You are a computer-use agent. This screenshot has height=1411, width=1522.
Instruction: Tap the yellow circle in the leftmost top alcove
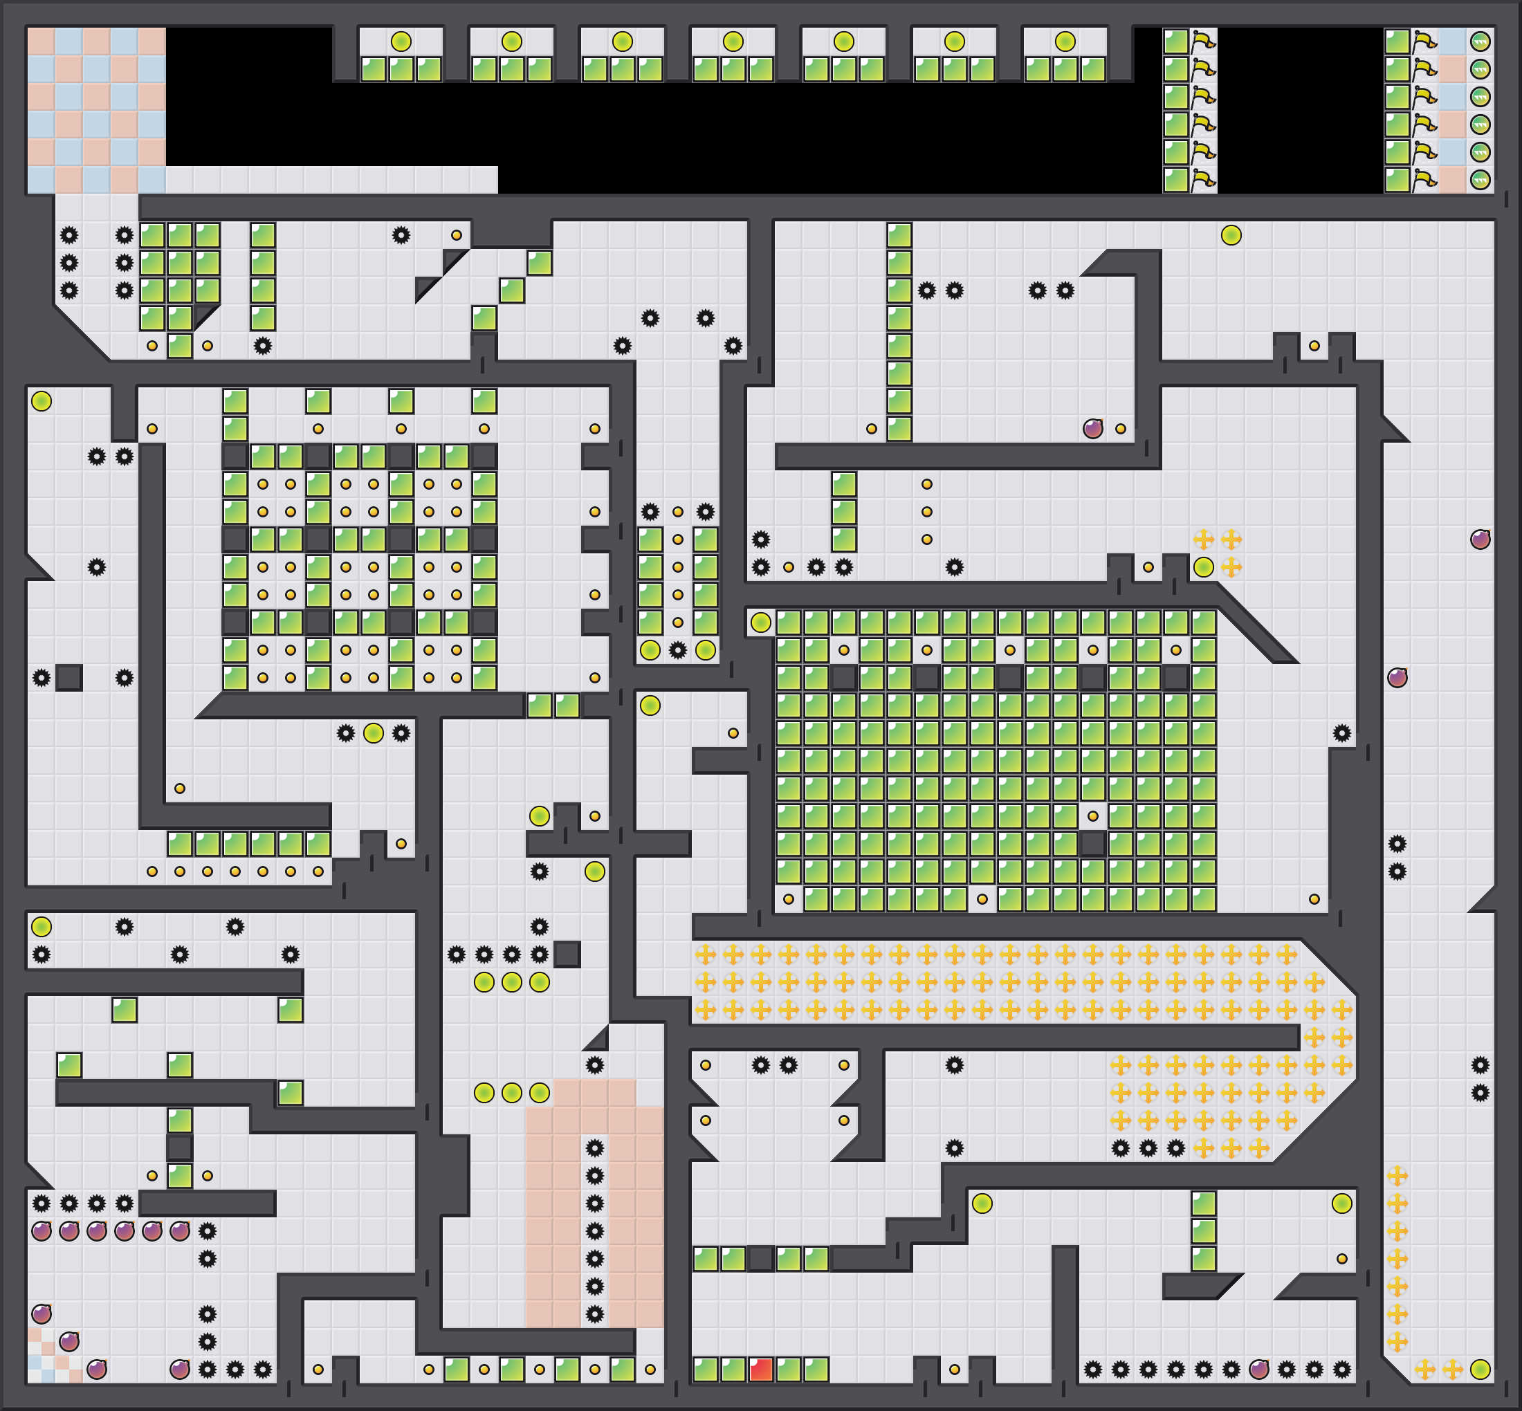tap(401, 41)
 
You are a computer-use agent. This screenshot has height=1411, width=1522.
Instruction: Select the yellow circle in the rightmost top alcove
tap(1065, 41)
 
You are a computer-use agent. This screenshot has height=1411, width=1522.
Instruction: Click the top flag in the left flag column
tap(1204, 41)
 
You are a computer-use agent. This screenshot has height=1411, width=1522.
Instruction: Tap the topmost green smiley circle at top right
tap(1480, 41)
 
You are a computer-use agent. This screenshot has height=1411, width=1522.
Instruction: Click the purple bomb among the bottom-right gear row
tap(1258, 1369)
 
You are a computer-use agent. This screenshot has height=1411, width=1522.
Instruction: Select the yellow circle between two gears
tap(374, 733)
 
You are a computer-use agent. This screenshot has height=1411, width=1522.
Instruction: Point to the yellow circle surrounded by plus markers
tap(1204, 567)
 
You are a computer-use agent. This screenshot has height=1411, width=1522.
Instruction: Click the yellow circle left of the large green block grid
tap(760, 622)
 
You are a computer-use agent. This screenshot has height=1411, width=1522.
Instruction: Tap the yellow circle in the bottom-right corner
tap(1480, 1369)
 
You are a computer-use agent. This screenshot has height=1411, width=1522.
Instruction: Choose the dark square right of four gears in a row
tap(567, 954)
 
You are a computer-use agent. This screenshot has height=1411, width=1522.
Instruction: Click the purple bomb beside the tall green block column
tap(1093, 428)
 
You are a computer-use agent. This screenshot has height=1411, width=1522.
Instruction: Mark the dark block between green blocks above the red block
tap(760, 1258)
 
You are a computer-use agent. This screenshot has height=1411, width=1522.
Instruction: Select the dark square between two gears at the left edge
tap(68, 677)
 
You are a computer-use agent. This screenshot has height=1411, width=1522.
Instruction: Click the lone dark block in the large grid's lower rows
tap(1093, 844)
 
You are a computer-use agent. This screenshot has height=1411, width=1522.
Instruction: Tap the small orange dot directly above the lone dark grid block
tap(1093, 816)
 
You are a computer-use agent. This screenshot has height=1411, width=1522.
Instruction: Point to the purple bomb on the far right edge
tap(1480, 539)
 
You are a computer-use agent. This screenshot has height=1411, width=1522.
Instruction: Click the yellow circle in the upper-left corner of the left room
tap(42, 401)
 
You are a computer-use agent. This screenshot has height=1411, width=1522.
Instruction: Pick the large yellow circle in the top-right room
tap(1231, 235)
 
